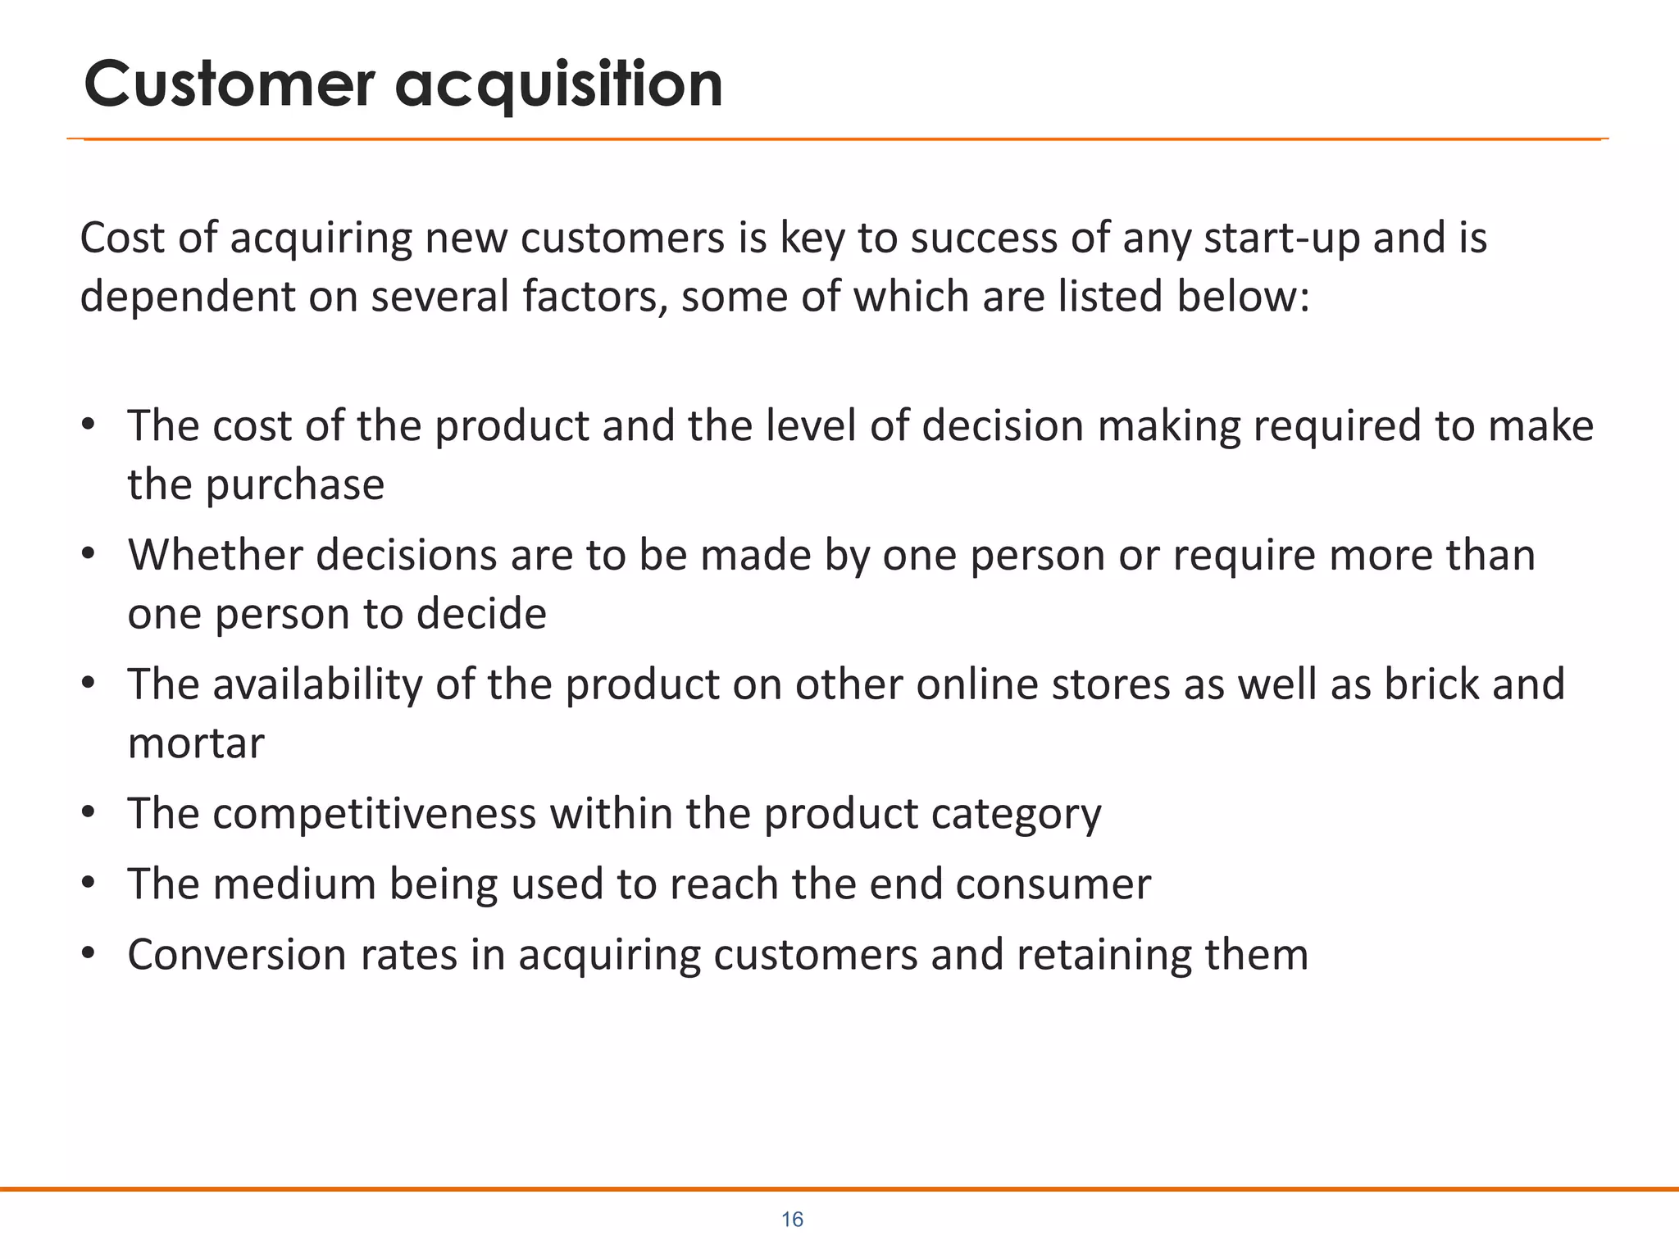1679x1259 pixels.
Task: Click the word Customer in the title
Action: pyautogui.click(x=230, y=84)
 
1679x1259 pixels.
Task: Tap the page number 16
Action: pyautogui.click(x=792, y=1220)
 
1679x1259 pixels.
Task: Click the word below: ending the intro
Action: pyautogui.click(x=1244, y=296)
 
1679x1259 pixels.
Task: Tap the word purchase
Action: pyautogui.click(x=294, y=485)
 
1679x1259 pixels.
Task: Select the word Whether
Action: pyautogui.click(x=216, y=555)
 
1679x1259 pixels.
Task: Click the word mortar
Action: pyautogui.click(x=196, y=743)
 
